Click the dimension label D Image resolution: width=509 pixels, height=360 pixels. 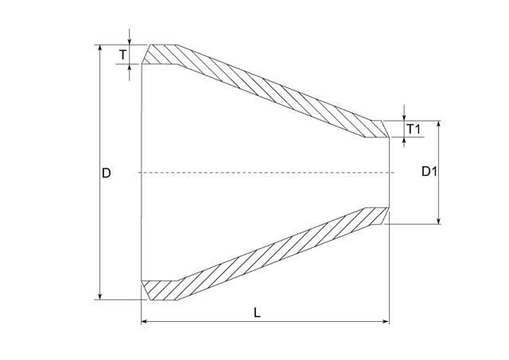pyautogui.click(x=106, y=172)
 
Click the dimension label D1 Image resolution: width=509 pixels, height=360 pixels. pyautogui.click(x=429, y=172)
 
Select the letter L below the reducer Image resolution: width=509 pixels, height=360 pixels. pyautogui.click(x=257, y=312)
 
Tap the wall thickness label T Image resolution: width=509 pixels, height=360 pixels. pyautogui.click(x=122, y=54)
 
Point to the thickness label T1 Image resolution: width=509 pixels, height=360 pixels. pyautogui.click(x=413, y=129)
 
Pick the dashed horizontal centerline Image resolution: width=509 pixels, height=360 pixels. pyautogui.click(x=262, y=172)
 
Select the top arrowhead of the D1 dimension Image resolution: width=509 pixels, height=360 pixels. pyautogui.click(x=439, y=125)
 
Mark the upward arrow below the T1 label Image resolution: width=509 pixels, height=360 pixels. pyautogui.click(x=404, y=143)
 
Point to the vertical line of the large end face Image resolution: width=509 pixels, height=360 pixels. pyautogui.click(x=142, y=172)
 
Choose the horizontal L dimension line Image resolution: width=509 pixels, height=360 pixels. pyautogui.click(x=199, y=322)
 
